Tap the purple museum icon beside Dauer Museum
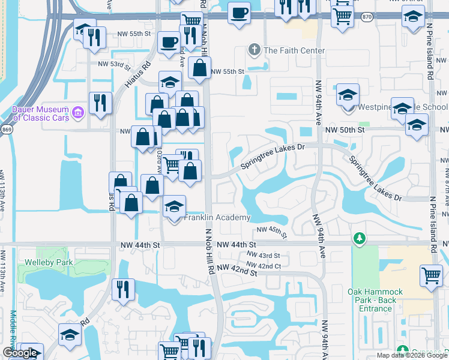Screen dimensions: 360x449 tap(77, 112)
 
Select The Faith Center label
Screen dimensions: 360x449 tap(294, 51)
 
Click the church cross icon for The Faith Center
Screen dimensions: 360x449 tap(255, 50)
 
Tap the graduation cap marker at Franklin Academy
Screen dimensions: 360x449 tap(174, 206)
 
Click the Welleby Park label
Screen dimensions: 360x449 tap(45, 262)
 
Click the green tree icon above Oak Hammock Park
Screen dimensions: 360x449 tap(359, 239)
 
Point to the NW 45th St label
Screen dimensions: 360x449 tap(272, 232)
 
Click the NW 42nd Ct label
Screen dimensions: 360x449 tap(264, 265)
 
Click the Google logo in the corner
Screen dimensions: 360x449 tap(20, 352)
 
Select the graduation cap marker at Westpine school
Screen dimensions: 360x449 tap(348, 95)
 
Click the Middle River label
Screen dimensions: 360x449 tap(13, 333)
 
